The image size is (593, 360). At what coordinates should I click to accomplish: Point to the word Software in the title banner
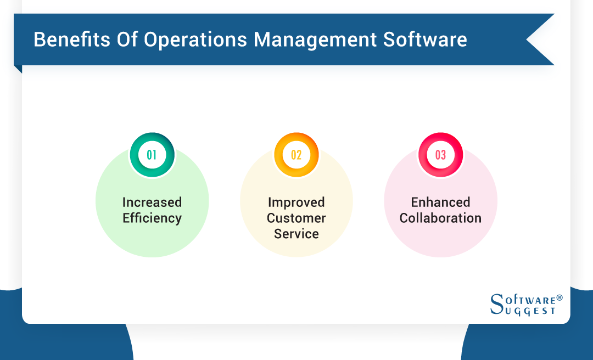[x=425, y=40]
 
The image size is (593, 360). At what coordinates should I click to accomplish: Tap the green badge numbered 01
[x=152, y=155]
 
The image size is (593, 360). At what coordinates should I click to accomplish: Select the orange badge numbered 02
[x=296, y=155]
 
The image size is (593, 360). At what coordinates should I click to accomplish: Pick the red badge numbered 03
[x=441, y=155]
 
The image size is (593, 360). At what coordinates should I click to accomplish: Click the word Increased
[x=152, y=203]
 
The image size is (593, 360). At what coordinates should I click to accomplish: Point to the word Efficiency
[x=152, y=218]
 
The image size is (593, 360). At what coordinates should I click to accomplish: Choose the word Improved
[x=296, y=203]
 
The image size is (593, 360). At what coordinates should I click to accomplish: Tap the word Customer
[x=296, y=218]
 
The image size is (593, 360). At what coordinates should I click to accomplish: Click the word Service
[x=296, y=234]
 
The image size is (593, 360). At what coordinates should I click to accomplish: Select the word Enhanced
[x=441, y=203]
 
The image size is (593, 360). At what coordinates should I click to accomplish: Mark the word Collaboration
[x=441, y=218]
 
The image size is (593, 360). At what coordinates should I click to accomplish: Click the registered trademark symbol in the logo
[x=560, y=298]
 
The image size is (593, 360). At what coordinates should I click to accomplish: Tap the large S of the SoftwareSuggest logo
[x=496, y=305]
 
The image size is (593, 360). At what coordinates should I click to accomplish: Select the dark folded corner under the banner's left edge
[x=18, y=69]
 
